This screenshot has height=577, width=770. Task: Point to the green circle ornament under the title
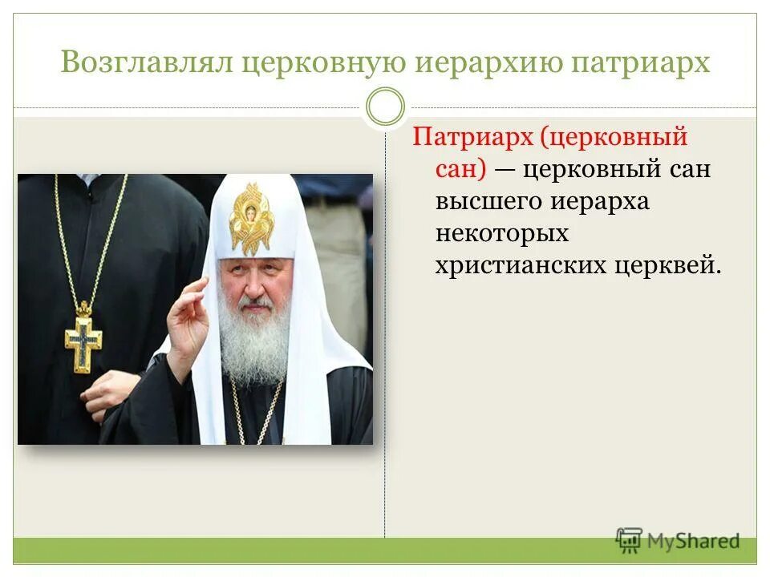point(385,107)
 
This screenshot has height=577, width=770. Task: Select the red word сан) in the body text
point(461,169)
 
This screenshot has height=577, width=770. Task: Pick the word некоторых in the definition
point(502,234)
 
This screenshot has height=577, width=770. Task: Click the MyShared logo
point(678,541)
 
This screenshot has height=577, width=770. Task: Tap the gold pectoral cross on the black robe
point(83,339)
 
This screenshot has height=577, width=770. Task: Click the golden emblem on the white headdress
point(250,217)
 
